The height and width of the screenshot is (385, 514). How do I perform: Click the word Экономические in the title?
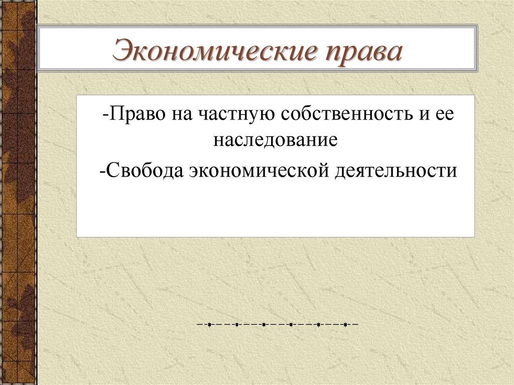tap(215, 51)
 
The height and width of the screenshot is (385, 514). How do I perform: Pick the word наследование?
tap(276, 140)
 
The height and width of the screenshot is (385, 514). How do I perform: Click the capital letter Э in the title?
tap(121, 51)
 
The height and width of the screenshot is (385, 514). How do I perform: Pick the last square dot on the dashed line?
tap(345, 325)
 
